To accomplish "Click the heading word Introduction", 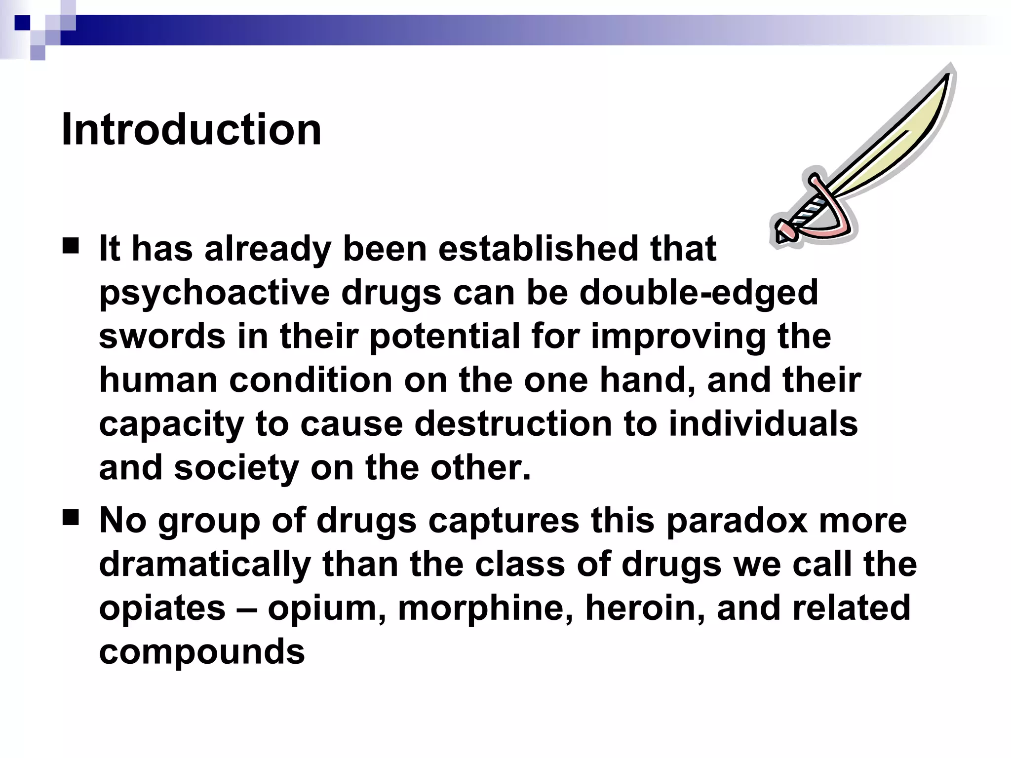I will point(191,130).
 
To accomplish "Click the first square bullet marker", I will point(71,245).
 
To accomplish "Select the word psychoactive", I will point(214,292).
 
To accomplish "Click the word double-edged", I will point(699,292).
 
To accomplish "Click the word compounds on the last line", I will point(202,651).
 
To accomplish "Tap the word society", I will point(236,467).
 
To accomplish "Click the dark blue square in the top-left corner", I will point(23,23).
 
